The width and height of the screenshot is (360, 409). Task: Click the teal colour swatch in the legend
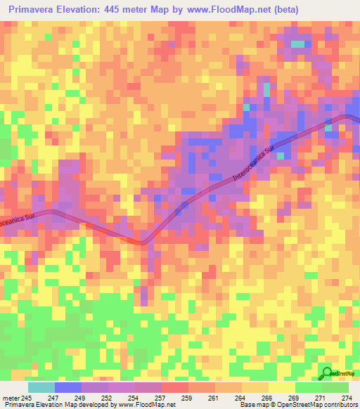coord(41,387)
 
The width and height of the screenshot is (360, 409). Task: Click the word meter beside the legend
coord(11,398)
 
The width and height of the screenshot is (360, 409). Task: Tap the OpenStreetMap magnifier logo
coord(328,373)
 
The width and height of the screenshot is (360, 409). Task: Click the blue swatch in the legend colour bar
coord(68,387)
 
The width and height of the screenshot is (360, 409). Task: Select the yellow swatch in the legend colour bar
coord(281,387)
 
